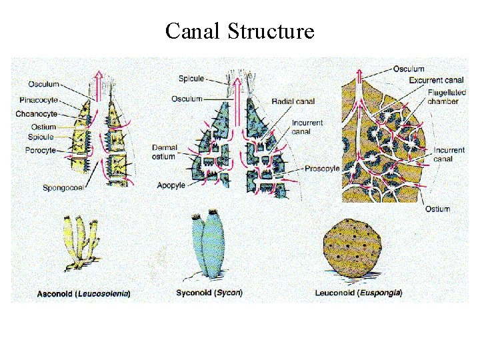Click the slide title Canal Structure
(239, 31)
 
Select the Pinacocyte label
(39, 100)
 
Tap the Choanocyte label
(37, 113)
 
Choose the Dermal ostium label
(163, 152)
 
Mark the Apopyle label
(171, 185)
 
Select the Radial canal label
(294, 101)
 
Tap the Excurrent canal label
(436, 80)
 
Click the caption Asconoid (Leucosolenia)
(83, 293)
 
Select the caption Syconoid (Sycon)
(209, 292)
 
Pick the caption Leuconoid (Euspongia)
(359, 293)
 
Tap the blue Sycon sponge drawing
(209, 245)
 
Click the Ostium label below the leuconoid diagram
(437, 209)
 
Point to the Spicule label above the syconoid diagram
(191, 79)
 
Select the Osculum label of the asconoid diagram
(43, 85)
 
